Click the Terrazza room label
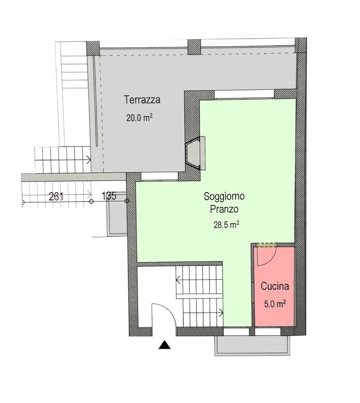coord(142,100)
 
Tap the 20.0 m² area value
coord(139,118)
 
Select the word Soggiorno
coord(224,197)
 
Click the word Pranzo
coord(224,209)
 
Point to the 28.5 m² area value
coord(227,225)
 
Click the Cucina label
coord(275,286)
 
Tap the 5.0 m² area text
coord(275,304)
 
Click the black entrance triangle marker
coord(165,345)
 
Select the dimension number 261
coord(56,197)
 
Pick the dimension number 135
coord(109,196)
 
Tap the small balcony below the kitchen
coord(253,346)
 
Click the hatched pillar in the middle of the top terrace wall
coord(194,47)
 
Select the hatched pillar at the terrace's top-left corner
coord(93,49)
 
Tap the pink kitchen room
coord(274,287)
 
